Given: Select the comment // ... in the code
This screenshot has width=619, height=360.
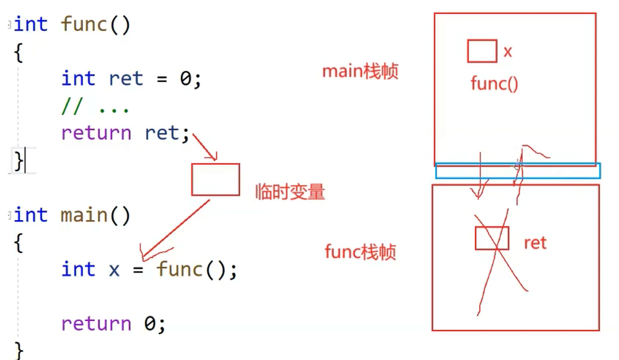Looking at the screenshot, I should (x=95, y=106).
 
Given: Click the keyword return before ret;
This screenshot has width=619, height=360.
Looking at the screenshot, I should (x=95, y=133).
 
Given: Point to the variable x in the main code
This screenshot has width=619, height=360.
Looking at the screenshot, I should (x=114, y=269).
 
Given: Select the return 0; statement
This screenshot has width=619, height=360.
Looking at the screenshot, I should (x=113, y=323).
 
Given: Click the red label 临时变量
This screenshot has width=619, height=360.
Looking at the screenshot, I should (x=290, y=192).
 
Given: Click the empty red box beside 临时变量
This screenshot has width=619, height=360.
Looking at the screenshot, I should (x=215, y=179).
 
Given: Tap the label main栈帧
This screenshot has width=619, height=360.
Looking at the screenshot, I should (x=360, y=71).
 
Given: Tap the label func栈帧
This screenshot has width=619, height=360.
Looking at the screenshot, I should (x=360, y=252).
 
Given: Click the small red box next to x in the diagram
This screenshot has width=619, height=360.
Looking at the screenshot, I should (x=482, y=51).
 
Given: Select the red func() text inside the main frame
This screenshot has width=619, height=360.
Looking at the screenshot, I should (x=494, y=84).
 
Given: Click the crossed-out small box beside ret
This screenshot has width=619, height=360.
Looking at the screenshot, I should (x=492, y=238).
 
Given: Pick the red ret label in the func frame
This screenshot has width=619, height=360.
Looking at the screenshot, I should (x=535, y=243).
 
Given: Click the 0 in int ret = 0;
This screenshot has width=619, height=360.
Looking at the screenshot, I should (x=186, y=79).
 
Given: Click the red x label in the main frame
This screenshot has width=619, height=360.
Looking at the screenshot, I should (x=508, y=52).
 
